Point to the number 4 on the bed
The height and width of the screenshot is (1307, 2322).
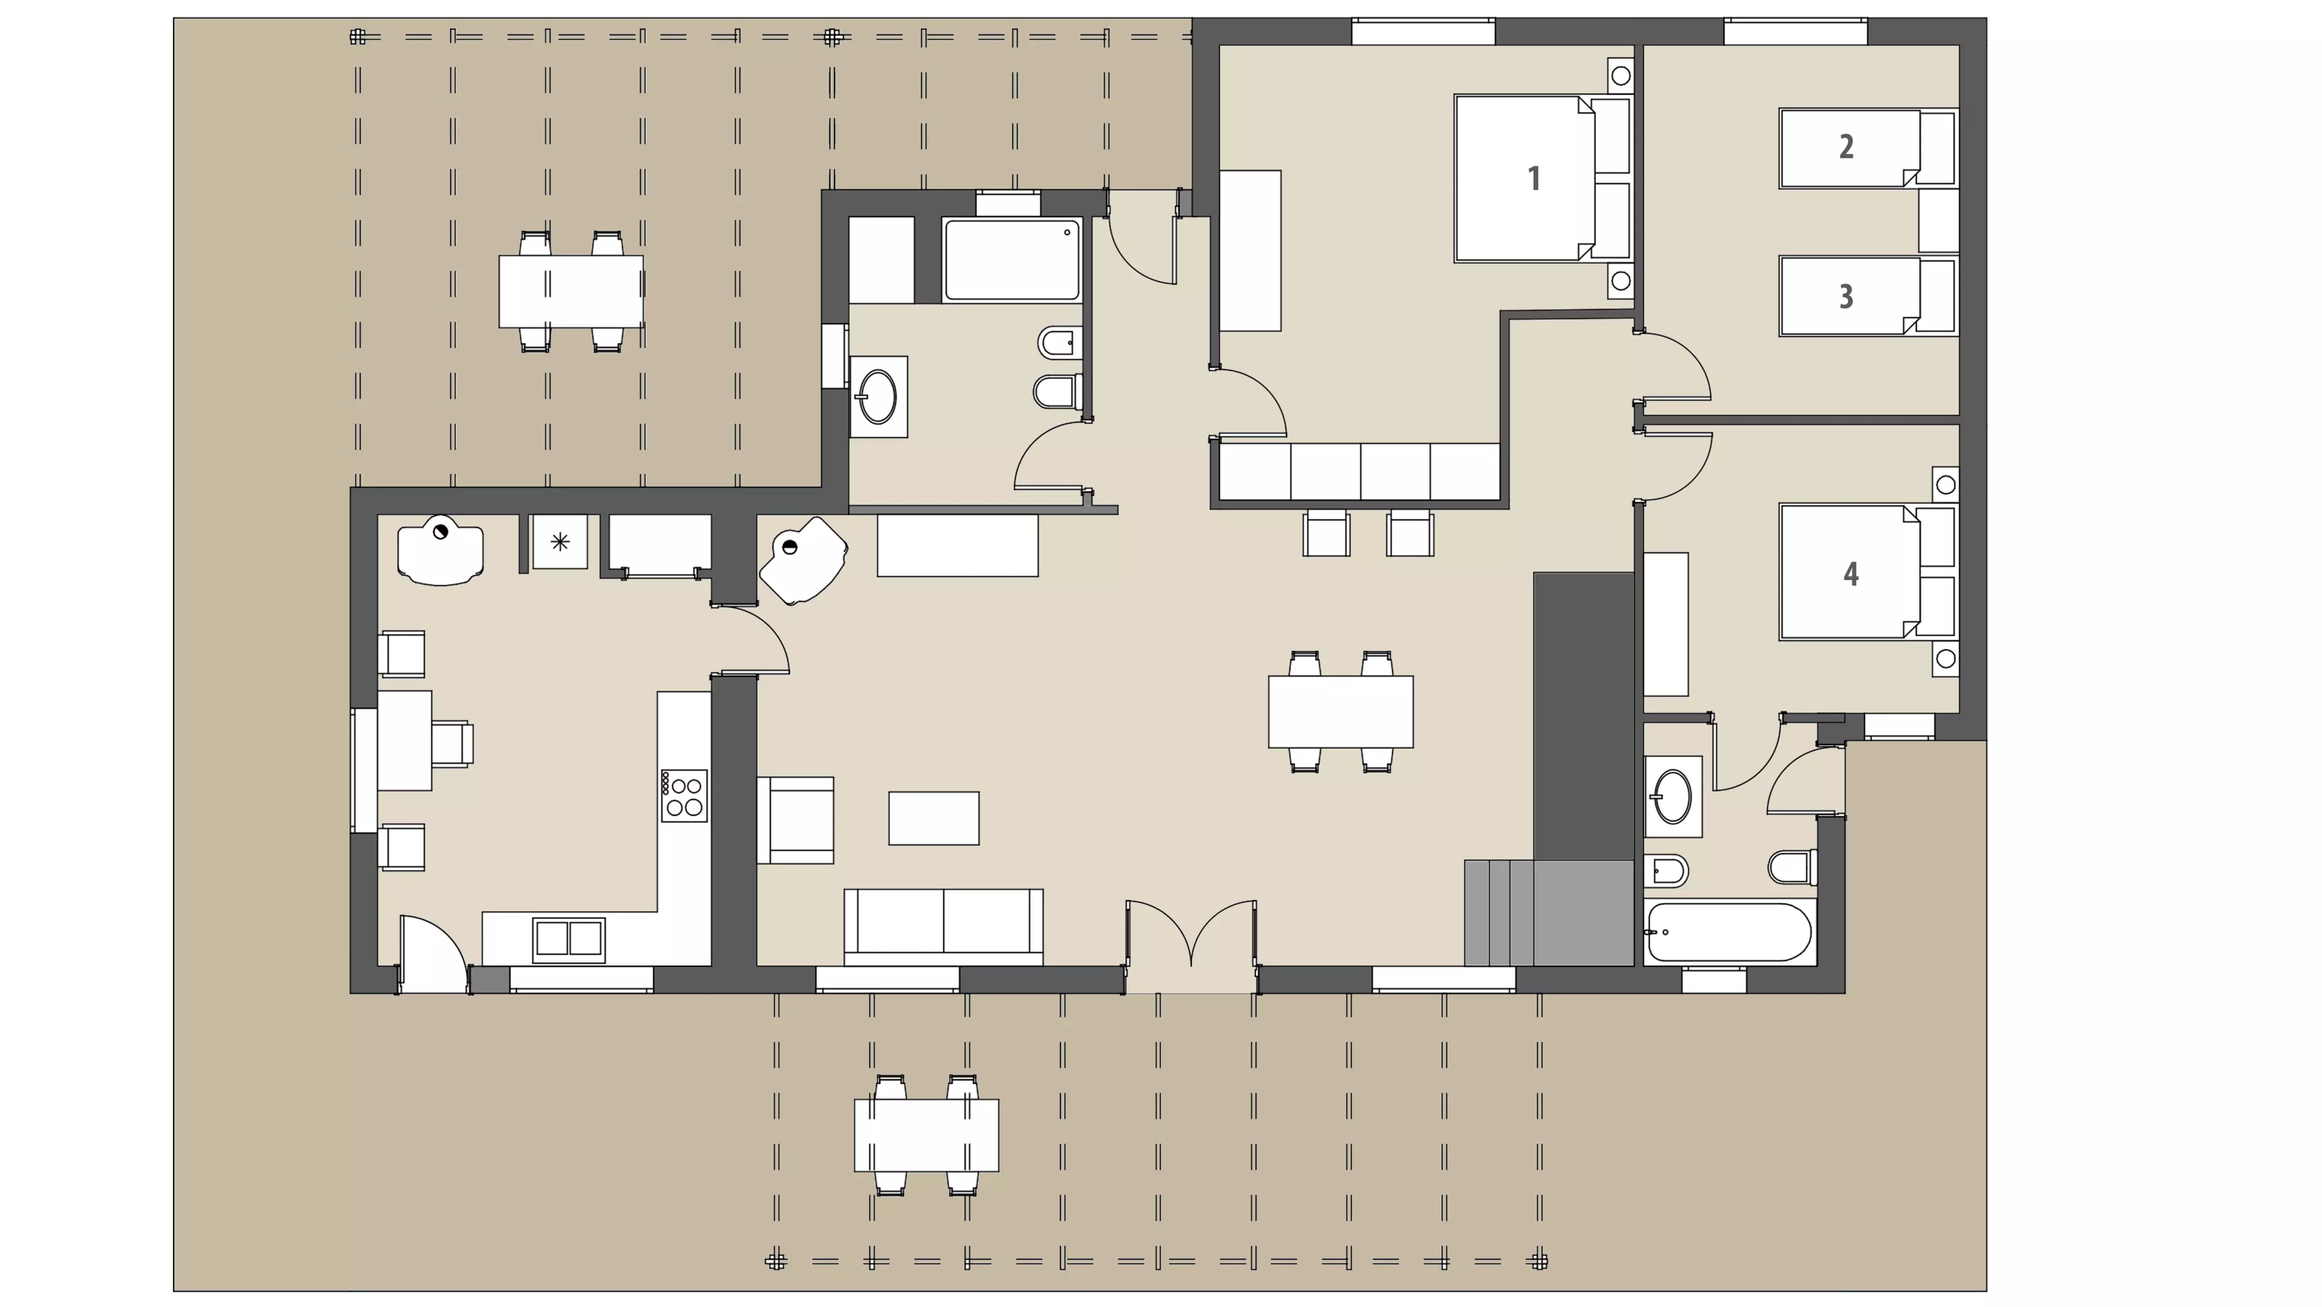pos(1850,574)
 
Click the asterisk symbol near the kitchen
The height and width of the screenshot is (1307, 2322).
pos(560,542)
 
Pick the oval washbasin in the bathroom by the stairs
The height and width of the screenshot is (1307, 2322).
pos(1673,797)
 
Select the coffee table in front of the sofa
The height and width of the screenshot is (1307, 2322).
pos(934,818)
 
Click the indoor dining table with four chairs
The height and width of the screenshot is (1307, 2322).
pos(1341,711)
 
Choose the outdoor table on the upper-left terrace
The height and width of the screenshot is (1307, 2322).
pos(571,291)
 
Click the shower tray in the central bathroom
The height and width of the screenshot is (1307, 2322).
pos(1012,259)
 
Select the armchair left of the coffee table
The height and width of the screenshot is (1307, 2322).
pos(795,820)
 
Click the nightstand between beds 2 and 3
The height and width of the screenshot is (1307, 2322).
pos(1938,221)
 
